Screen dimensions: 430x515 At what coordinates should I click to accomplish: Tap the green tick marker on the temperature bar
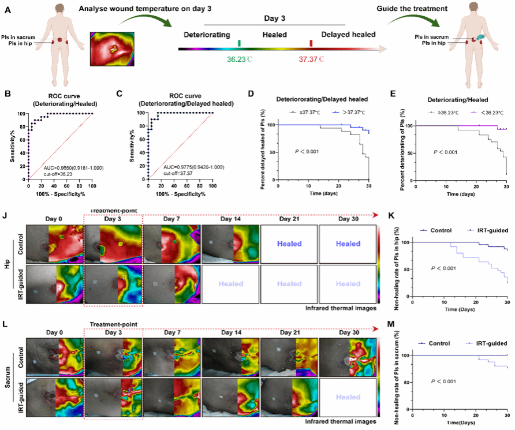pyautogui.click(x=239, y=43)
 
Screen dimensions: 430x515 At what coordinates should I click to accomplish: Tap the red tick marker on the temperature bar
pyautogui.click(x=311, y=43)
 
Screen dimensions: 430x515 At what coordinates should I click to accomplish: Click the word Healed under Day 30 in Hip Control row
pyautogui.click(x=348, y=244)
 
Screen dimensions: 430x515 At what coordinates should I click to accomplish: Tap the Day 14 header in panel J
pyautogui.click(x=230, y=220)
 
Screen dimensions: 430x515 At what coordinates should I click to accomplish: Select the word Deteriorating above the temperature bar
pyautogui.click(x=207, y=34)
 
